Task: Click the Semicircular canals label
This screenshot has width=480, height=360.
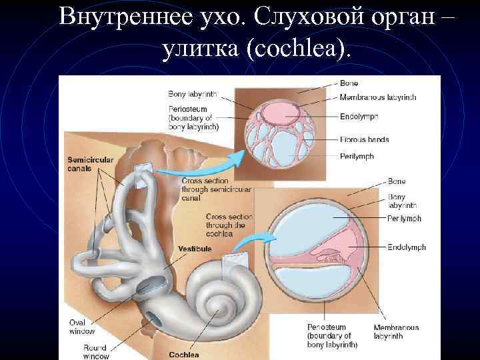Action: [x=91, y=163]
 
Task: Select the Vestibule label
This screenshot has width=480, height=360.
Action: [x=195, y=248]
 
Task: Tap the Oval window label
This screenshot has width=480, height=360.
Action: [x=82, y=327]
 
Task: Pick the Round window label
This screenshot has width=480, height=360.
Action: [x=95, y=351]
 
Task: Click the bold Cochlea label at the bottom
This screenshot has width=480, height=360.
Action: [x=185, y=355]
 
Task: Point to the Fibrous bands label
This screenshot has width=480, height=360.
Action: [x=364, y=139]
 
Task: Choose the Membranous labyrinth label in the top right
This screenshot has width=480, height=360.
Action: [x=378, y=97]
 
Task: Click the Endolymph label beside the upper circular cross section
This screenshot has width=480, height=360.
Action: [x=359, y=117]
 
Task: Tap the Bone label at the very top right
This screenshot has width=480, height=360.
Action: [x=349, y=83]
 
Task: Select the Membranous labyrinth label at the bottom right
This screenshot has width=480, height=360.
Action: [x=396, y=331]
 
